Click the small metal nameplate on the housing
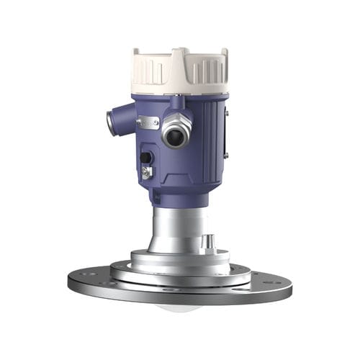pos(148,122)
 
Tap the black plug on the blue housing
pos(146,157)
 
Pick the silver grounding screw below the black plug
pos(147,172)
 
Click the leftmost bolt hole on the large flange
pos(81,274)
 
